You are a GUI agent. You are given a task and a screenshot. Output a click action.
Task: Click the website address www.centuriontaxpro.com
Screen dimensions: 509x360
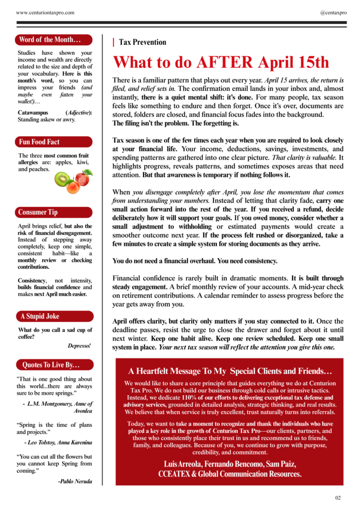45,12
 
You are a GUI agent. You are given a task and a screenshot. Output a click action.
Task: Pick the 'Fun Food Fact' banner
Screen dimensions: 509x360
39,142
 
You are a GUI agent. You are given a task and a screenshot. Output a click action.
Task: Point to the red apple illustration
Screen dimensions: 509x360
83,176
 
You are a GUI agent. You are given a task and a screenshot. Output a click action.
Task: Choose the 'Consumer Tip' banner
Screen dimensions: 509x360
38,212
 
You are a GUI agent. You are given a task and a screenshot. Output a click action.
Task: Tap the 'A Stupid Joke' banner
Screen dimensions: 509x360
40,316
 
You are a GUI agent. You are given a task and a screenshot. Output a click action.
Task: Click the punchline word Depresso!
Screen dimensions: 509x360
80,345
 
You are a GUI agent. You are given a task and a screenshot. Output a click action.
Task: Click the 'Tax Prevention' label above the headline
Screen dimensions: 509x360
142,42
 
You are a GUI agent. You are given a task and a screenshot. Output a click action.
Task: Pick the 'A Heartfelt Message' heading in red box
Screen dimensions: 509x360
230,371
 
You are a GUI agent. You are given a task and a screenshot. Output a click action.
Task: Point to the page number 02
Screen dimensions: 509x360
338,498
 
